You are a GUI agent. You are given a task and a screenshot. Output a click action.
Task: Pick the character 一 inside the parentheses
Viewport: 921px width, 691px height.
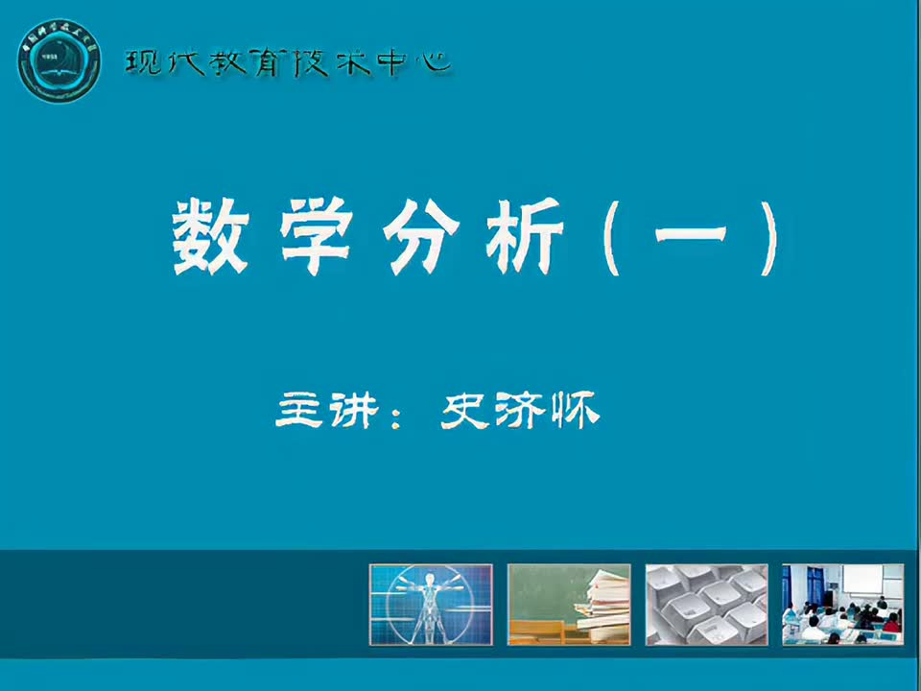click(689, 240)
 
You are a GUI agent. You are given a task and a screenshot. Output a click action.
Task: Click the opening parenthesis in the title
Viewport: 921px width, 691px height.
click(615, 239)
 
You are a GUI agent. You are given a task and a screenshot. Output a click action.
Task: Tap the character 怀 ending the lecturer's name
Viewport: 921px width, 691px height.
click(575, 412)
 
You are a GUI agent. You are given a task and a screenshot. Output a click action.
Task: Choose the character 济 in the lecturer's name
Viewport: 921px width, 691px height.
click(520, 412)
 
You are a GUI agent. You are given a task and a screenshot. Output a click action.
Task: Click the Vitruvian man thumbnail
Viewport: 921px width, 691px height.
click(431, 604)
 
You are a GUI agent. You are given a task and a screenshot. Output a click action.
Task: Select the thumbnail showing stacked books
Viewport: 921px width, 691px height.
click(569, 604)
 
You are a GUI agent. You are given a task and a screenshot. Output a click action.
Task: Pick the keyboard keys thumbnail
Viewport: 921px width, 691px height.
click(706, 604)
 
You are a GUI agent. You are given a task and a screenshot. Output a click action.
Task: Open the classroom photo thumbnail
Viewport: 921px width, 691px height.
click(843, 604)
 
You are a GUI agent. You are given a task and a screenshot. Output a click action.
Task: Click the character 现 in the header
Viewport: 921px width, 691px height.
click(141, 64)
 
